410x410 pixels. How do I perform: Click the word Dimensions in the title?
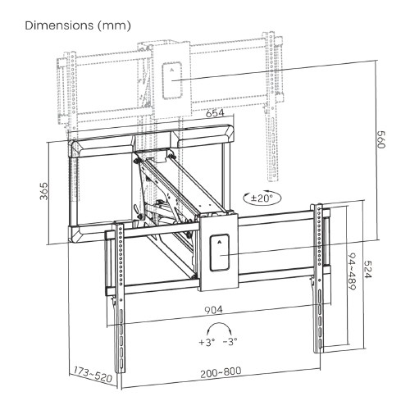point(60,26)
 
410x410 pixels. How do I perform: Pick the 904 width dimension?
point(218,312)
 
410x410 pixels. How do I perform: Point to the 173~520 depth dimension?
point(90,373)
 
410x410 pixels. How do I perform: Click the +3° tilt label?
point(206,342)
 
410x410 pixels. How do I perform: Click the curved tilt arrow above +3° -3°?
point(219,326)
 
